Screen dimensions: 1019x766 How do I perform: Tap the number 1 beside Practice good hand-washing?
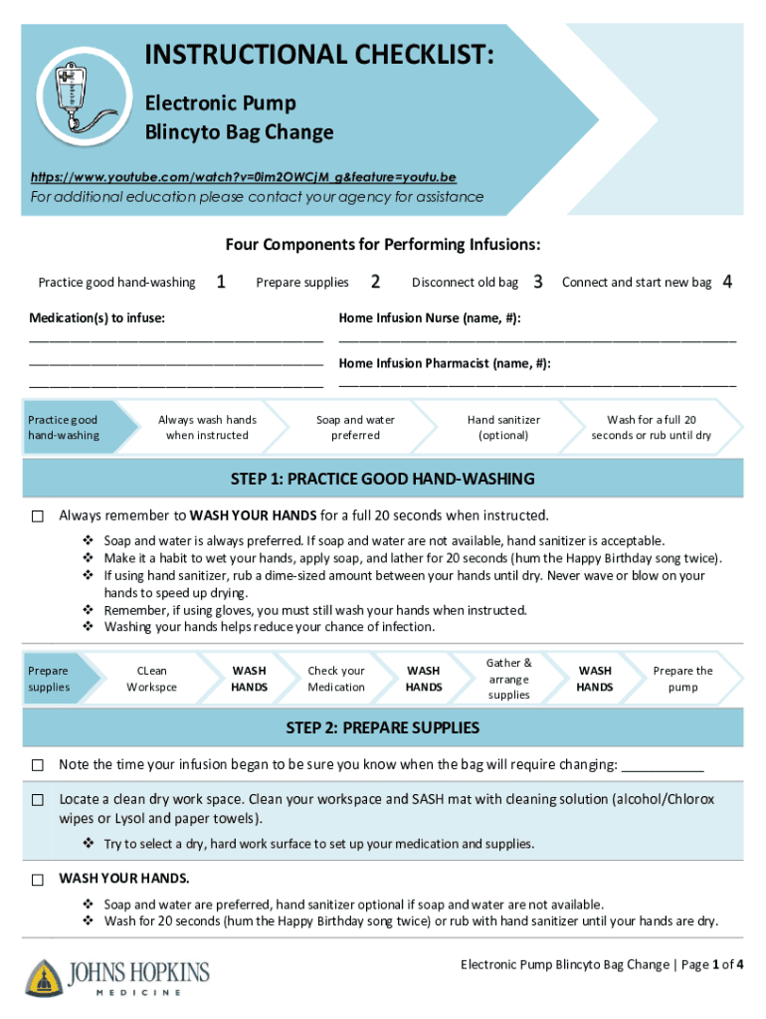click(220, 283)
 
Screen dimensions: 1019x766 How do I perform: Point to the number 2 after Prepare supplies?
click(374, 283)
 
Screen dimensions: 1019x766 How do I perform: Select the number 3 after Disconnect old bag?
click(537, 283)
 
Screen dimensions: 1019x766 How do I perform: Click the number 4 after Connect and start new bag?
click(727, 283)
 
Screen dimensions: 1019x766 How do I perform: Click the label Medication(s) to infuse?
click(97, 317)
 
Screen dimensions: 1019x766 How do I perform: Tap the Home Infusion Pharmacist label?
click(445, 363)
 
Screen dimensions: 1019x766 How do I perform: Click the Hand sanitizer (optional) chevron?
click(502, 428)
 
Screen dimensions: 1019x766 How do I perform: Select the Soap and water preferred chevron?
click(355, 428)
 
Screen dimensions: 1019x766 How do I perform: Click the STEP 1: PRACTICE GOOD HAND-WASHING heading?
click(383, 479)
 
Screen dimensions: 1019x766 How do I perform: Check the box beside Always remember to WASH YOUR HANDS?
click(38, 516)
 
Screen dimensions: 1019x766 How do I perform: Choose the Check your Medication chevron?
click(336, 679)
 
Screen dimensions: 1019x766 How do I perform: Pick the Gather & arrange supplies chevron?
click(508, 679)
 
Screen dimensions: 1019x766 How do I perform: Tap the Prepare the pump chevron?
click(682, 679)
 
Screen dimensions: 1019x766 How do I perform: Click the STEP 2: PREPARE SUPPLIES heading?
click(383, 728)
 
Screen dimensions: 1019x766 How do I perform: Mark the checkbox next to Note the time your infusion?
click(38, 765)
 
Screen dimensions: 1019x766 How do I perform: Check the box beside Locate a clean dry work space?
click(38, 800)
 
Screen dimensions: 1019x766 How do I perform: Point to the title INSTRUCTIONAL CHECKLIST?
click(321, 57)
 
